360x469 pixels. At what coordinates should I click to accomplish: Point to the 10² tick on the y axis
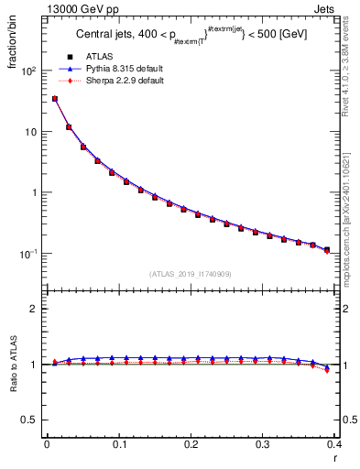tap(28, 71)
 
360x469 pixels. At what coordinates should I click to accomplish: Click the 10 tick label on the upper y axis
tap(30, 131)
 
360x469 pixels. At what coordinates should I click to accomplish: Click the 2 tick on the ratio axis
tap(33, 309)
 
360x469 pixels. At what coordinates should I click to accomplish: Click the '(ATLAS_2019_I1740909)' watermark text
tap(191, 274)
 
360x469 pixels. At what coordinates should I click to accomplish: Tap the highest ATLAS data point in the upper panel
tap(55, 98)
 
